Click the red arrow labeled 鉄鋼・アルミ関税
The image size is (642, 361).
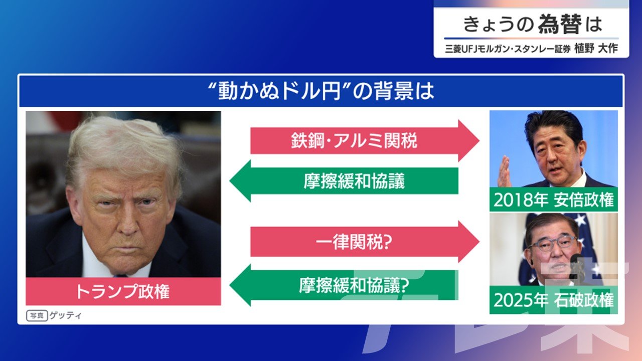coord(365,141)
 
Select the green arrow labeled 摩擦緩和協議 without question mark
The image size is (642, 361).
coord(344,181)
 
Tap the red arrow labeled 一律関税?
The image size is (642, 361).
coord(365,242)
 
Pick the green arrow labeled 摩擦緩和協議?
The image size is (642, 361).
coord(344,285)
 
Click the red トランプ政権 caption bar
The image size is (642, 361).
coord(123,291)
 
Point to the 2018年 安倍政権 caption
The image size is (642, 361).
coord(553,200)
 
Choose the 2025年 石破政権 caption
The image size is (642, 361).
coord(553,300)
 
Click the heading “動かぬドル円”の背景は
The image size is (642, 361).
coord(321,92)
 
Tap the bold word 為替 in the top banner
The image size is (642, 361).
coord(560,24)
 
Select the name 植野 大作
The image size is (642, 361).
coord(596,49)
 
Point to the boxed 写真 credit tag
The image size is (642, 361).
coord(37,316)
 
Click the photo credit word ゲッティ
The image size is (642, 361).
coord(65,315)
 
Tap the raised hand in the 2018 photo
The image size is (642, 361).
coord(504,172)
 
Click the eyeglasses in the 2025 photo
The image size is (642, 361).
coord(552,244)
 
